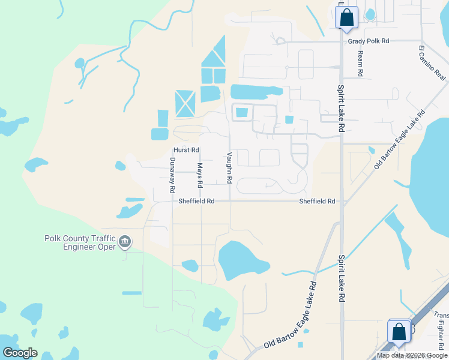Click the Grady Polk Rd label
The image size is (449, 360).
(369, 41)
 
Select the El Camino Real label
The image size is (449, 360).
(432, 62)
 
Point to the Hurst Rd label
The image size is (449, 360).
(186, 150)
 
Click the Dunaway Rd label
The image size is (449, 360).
(172, 175)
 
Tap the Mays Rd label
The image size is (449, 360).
(200, 175)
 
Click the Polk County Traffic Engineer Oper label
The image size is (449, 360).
(80, 242)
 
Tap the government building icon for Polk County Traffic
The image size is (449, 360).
(125, 242)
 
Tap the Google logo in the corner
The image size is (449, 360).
(20, 353)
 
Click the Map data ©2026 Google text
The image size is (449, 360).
(412, 355)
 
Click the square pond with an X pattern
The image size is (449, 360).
(185, 104)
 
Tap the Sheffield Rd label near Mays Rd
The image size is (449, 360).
(196, 202)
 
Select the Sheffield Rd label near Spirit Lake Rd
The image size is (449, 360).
(318, 202)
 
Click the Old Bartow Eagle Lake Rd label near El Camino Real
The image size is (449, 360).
(399, 139)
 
